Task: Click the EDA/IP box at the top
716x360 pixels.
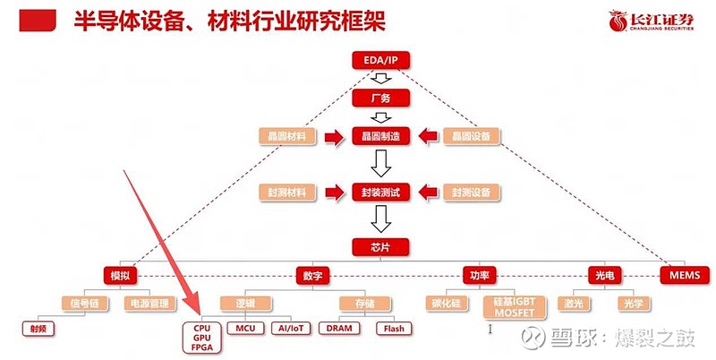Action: click(380, 60)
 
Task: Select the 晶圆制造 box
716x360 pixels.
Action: click(380, 136)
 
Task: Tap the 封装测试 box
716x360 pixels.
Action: click(380, 192)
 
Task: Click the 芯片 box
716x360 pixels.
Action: click(380, 245)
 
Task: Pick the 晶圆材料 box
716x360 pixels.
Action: click(287, 136)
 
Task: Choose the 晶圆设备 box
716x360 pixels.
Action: click(472, 136)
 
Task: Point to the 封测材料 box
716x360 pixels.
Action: click(287, 192)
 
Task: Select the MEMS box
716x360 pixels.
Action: click(684, 274)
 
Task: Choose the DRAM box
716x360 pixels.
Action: click(339, 329)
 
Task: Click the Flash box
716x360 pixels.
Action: click(394, 329)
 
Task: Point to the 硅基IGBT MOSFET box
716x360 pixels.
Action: click(513, 308)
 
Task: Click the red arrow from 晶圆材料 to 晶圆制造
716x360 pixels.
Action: click(335, 136)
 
